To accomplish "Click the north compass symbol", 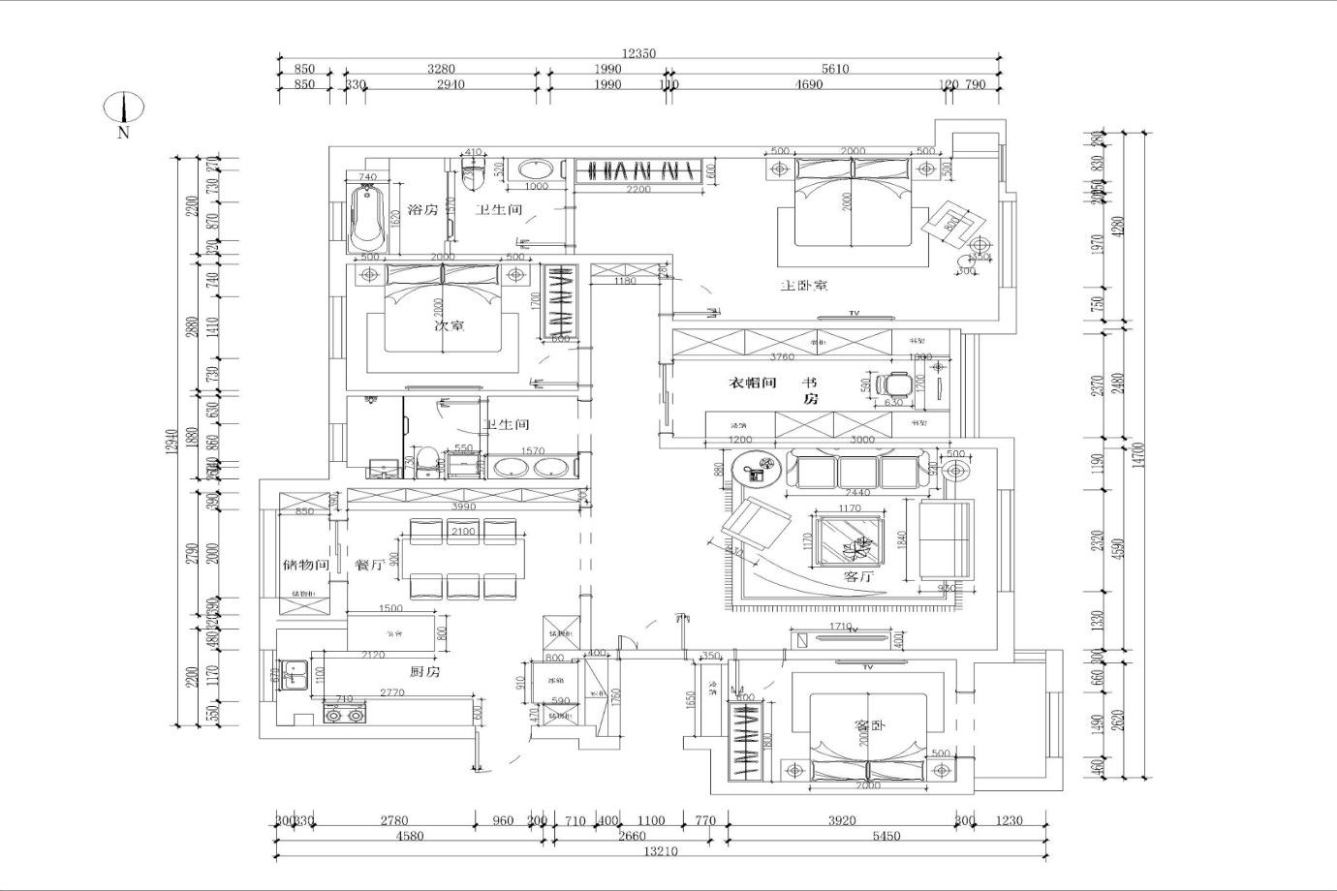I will pos(123,108).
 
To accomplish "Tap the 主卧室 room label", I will pos(804,286).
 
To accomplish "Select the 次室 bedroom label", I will pos(449,326).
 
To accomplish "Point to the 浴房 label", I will pos(422,209).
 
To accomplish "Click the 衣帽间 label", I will pos(753,383).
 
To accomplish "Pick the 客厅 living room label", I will pos(859,575).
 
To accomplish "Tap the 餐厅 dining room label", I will pos(370,565).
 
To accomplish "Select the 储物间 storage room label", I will pos(306,565).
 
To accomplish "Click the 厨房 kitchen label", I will pos(423,671).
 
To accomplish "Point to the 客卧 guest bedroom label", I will pos(869,725).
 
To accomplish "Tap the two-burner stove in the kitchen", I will pos(345,716).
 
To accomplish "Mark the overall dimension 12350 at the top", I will pos(639,54).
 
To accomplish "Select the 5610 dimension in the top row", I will pos(835,69).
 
